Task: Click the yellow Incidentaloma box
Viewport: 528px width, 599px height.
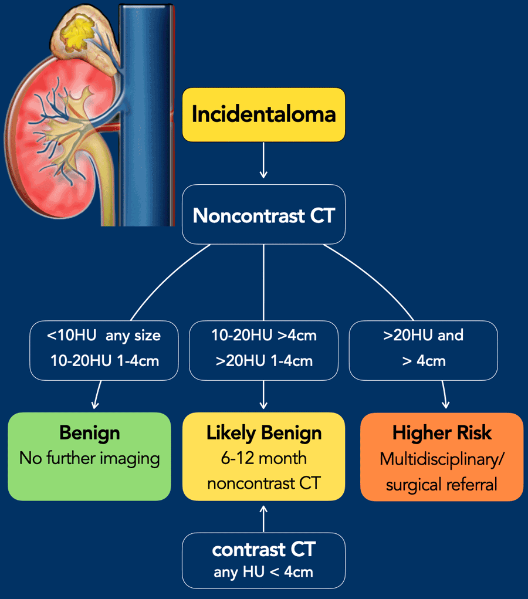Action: (x=263, y=114)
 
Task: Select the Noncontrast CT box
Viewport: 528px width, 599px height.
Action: (x=263, y=215)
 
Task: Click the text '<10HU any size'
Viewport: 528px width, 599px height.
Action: (x=104, y=336)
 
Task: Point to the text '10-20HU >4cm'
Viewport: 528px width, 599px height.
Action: (x=263, y=336)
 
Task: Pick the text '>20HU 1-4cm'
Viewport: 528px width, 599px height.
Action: (x=263, y=361)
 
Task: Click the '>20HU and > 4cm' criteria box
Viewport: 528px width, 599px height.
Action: (x=423, y=350)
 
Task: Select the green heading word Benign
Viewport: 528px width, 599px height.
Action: (x=89, y=433)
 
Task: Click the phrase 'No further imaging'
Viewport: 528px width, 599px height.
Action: (x=89, y=458)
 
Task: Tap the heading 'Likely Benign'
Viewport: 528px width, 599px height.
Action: (x=263, y=433)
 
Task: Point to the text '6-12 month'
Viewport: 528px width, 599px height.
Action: (x=263, y=458)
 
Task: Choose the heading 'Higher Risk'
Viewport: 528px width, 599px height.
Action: (x=441, y=433)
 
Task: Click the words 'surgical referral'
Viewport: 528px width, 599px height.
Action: (x=441, y=485)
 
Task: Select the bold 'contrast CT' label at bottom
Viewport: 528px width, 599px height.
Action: (x=263, y=549)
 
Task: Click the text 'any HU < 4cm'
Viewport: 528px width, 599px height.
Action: (x=263, y=571)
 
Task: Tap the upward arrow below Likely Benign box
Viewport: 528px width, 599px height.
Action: (x=263, y=517)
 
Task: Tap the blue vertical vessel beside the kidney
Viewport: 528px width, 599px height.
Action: (x=146, y=117)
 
